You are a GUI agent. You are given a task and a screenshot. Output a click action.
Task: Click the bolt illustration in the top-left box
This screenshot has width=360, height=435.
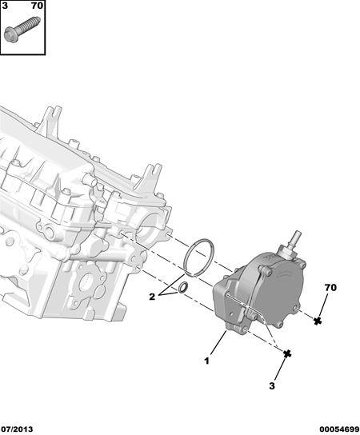[22, 30]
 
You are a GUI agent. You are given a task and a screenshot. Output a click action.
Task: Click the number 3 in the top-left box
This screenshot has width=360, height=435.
[5, 6]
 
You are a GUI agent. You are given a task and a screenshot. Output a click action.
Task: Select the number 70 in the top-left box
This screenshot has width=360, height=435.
[37, 6]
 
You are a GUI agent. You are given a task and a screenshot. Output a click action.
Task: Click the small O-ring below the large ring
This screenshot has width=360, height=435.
[183, 287]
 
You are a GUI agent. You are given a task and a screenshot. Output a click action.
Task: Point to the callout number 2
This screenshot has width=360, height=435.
[152, 297]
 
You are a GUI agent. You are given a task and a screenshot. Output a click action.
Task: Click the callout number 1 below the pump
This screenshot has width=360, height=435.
[206, 361]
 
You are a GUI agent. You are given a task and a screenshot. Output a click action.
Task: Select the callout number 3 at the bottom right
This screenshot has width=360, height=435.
[272, 385]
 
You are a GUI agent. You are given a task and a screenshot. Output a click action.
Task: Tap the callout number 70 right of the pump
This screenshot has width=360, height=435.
[330, 288]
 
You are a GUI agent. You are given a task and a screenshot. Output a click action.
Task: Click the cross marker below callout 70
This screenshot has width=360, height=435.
[318, 321]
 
